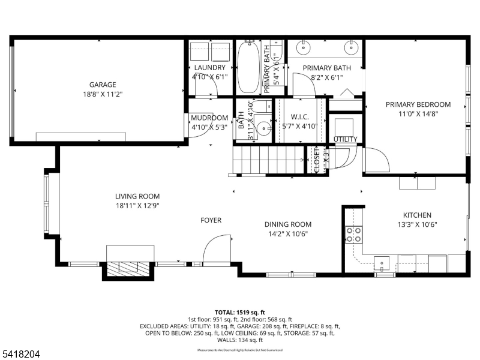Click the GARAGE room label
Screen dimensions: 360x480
[103, 85]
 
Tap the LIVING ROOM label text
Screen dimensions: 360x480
[137, 196]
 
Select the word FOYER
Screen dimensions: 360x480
[211, 220]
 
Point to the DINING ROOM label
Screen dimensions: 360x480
[288, 224]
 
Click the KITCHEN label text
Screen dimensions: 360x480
[416, 215]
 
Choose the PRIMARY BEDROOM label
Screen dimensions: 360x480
[418, 104]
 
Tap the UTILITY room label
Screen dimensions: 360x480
[346, 139]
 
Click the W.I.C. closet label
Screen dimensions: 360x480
[299, 117]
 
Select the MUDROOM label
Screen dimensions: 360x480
[209, 118]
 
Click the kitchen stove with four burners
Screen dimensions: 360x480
[354, 234]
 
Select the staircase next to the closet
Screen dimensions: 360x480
[269, 160]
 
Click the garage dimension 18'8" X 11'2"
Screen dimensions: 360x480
[103, 94]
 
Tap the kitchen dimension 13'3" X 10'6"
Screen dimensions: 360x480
[416, 225]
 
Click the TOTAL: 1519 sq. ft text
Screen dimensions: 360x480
[240, 313]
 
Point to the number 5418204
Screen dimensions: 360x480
[20, 355]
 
